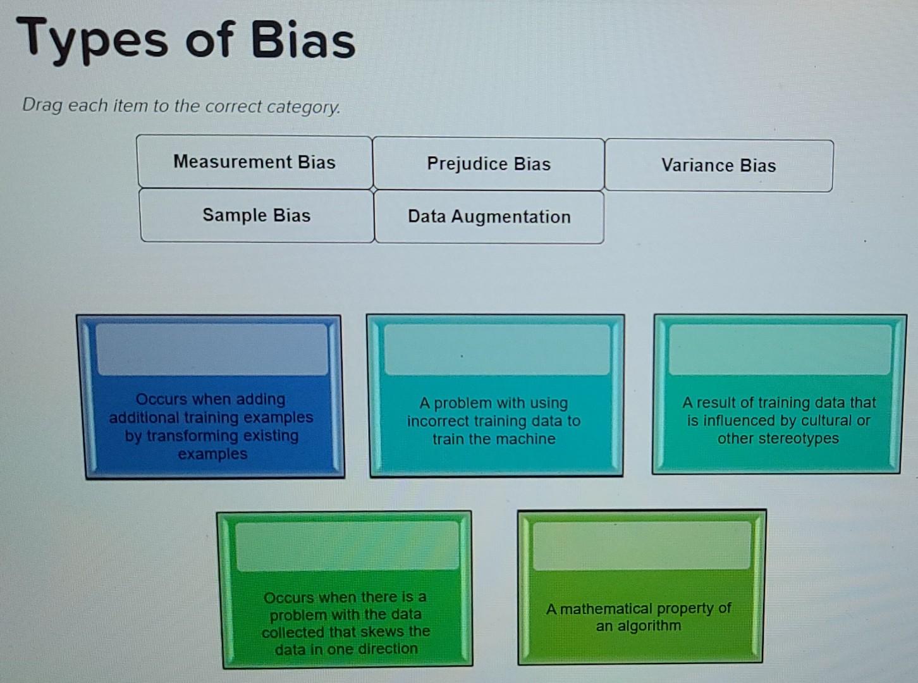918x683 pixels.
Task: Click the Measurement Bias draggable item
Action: [x=254, y=163]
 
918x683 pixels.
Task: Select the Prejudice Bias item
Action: [x=489, y=164]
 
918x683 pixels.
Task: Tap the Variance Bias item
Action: [x=718, y=166]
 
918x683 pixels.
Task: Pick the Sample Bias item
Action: [x=257, y=216]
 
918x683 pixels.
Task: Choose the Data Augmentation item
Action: [x=489, y=217]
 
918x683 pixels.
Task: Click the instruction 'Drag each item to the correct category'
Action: [x=181, y=106]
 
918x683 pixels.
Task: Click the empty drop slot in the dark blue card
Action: [x=212, y=349]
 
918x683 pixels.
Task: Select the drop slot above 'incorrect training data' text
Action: [x=497, y=350]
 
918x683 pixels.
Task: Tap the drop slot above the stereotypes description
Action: [x=780, y=350]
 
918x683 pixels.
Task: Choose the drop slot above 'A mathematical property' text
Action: [x=641, y=546]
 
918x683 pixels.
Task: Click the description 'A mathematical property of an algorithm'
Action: [x=639, y=617]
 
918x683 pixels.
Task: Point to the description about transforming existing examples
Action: [x=211, y=426]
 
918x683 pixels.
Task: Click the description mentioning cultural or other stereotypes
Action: [x=779, y=421]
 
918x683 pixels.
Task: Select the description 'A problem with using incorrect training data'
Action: [x=494, y=421]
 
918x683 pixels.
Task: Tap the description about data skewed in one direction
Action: [x=346, y=623]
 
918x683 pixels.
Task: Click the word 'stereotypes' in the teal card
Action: [x=778, y=439]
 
